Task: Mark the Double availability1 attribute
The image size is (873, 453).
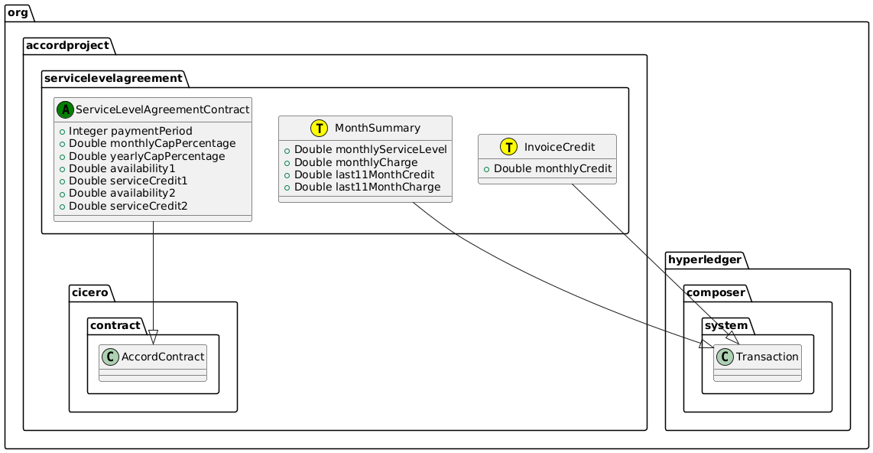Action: (x=116, y=168)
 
